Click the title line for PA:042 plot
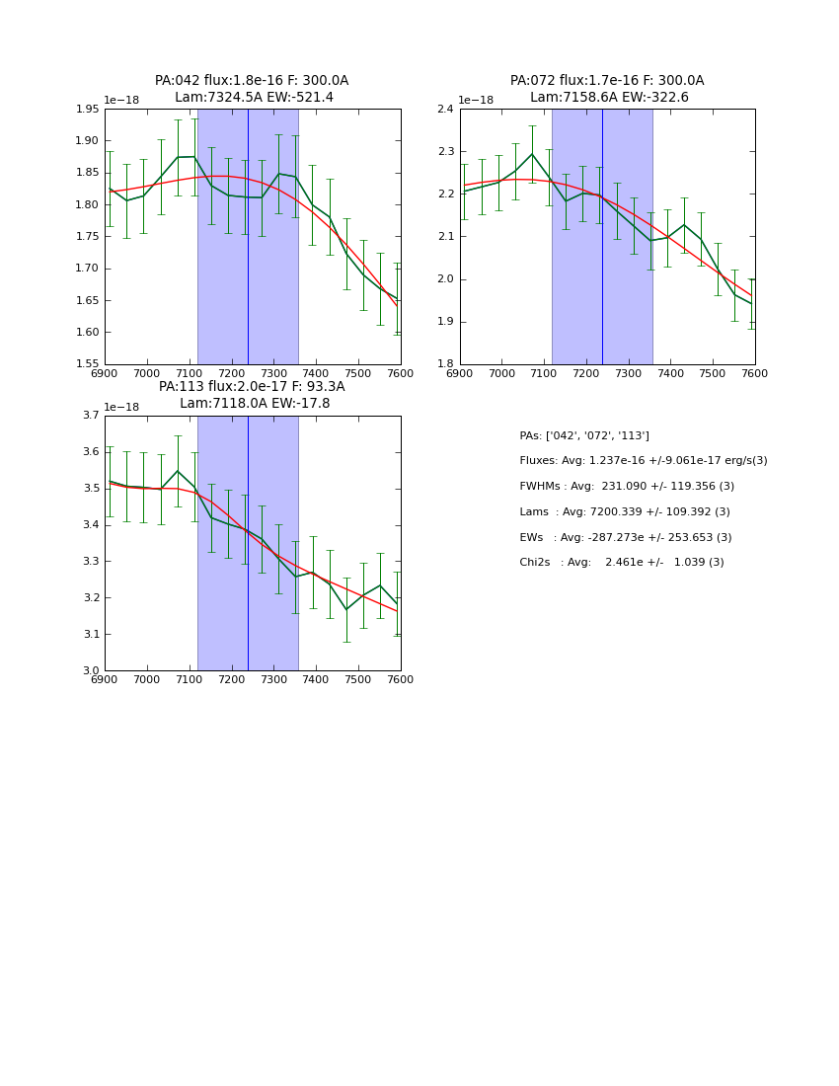252,81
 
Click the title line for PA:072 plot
607,81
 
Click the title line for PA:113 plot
252,387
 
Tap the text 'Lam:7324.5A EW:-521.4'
254,98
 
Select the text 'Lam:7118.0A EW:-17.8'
255,404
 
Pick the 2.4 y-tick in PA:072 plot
445,110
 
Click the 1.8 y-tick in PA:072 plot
445,364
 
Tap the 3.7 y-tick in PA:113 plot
91,416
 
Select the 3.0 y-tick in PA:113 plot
91,670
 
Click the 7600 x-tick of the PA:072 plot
755,374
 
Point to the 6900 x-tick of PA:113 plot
105,680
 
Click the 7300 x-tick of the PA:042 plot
273,374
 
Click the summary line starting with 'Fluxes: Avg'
643,461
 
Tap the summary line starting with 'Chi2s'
622,563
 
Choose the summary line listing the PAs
584,436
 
